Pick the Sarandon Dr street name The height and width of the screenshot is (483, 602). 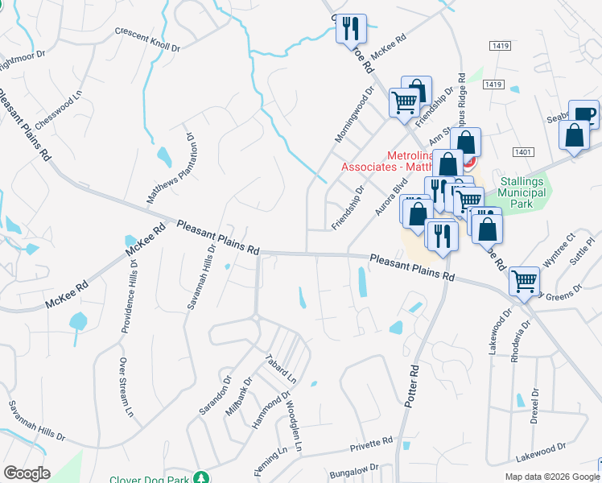coord(215,395)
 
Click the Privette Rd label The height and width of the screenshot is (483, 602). coord(370,444)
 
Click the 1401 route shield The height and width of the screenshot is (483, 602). coord(522,151)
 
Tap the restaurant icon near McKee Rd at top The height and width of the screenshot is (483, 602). coord(351,30)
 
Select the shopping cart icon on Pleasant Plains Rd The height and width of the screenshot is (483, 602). coord(524,281)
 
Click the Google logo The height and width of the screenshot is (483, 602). coord(27,474)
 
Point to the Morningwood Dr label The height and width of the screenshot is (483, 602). coord(351,116)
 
